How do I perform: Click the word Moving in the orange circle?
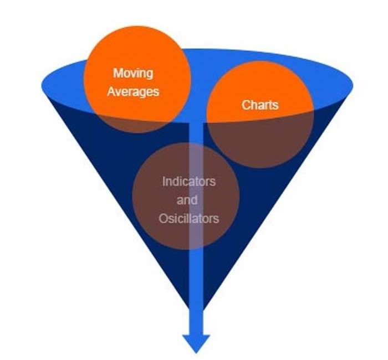point(133,73)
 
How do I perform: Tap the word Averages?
point(133,91)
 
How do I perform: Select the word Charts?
point(260,104)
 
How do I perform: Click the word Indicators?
point(188,181)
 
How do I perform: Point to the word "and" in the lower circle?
point(187,199)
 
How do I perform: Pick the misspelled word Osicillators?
point(188,218)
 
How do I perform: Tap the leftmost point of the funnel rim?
point(43,86)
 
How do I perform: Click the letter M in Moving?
point(118,73)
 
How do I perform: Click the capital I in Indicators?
point(164,181)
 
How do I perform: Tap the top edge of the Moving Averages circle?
point(137,28)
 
